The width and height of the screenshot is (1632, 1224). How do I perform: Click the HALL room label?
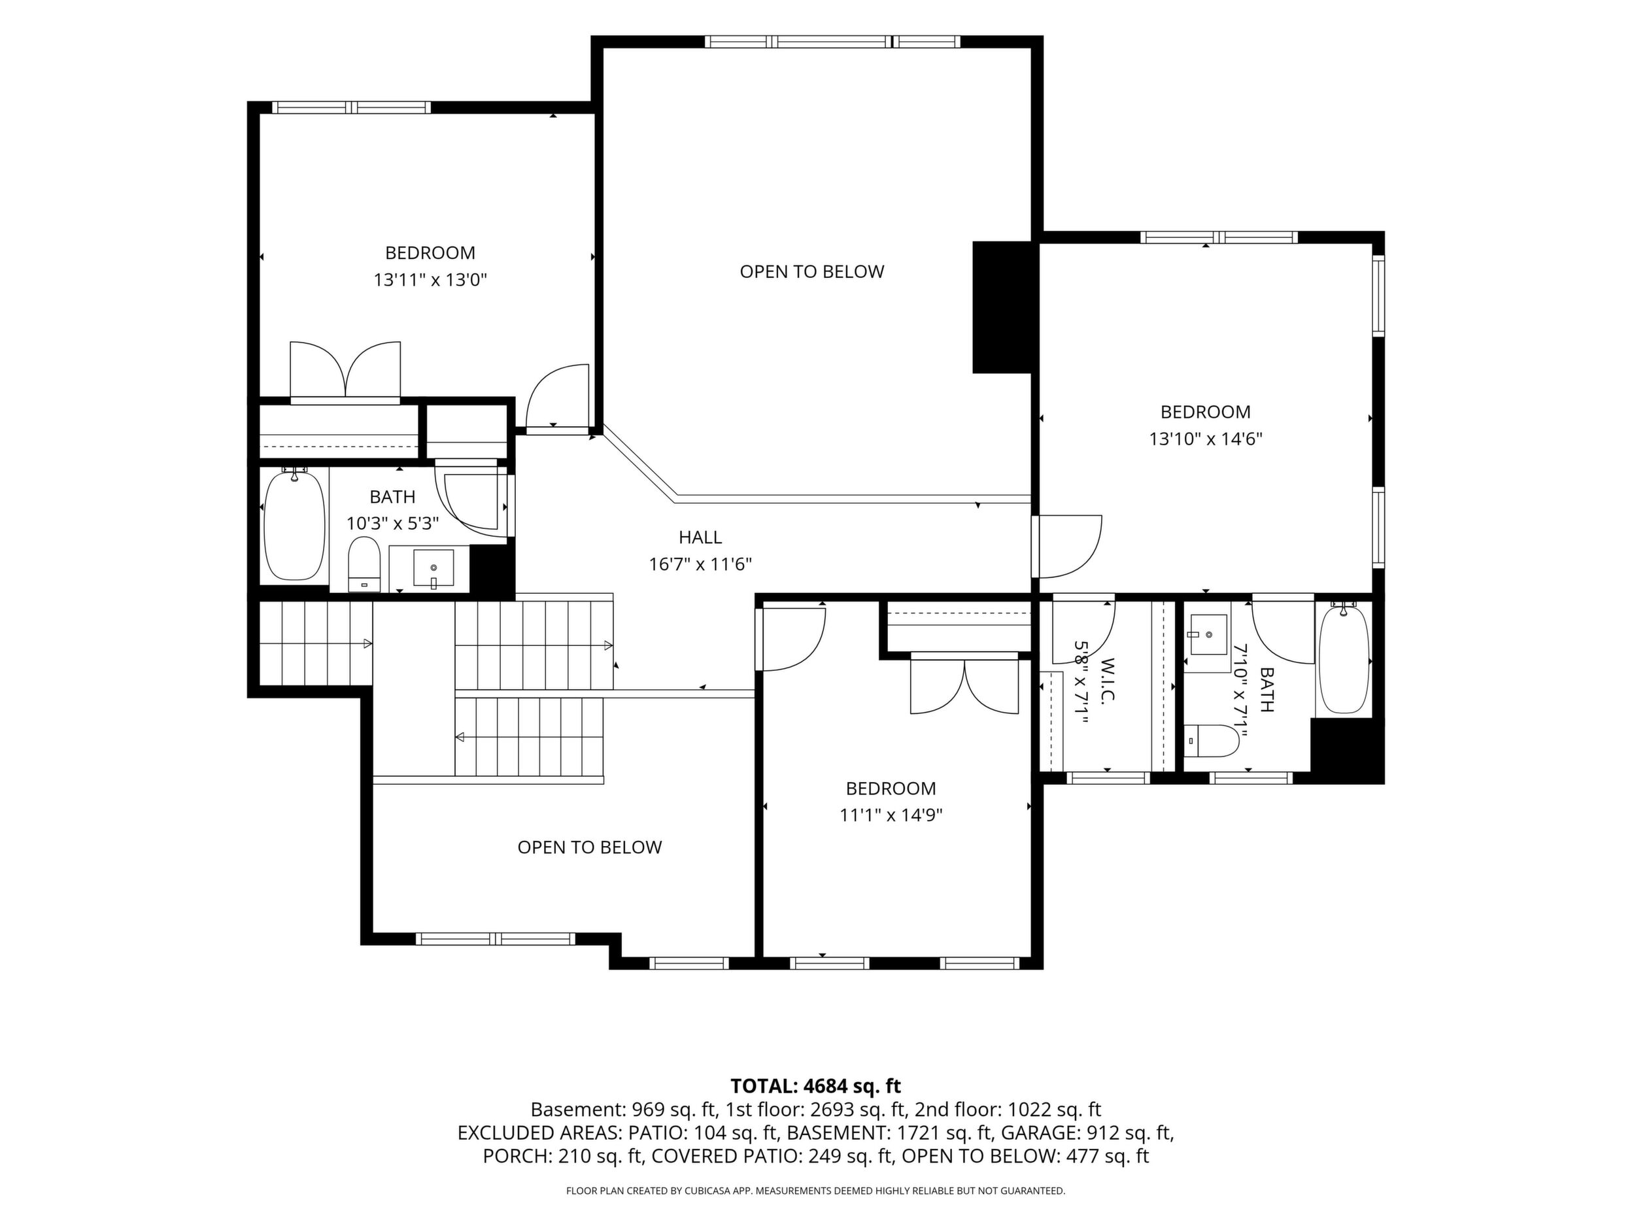700,537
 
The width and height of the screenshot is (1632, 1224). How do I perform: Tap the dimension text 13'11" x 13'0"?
431,280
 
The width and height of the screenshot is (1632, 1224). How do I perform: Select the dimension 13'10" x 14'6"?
1206,439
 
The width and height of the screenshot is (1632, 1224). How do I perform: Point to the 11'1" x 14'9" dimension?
891,815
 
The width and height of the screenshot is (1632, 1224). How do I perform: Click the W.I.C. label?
1106,682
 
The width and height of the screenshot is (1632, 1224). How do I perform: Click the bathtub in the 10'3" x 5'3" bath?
294,524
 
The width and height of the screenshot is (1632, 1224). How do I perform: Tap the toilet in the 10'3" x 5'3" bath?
363,564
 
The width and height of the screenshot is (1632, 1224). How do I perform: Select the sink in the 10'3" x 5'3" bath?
433,569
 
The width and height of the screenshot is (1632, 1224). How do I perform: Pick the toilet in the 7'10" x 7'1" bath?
1212,741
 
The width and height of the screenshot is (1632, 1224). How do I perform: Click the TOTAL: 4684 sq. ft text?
815,1086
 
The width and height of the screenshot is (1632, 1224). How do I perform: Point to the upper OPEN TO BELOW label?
811,271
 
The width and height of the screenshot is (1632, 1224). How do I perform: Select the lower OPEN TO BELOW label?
590,847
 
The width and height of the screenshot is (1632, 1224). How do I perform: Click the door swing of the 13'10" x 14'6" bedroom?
1067,547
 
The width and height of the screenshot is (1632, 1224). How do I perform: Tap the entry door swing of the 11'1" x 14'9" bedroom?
791,637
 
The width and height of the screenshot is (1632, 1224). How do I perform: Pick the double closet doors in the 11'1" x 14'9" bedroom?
965,686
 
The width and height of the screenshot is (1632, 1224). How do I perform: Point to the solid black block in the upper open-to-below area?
1002,307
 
